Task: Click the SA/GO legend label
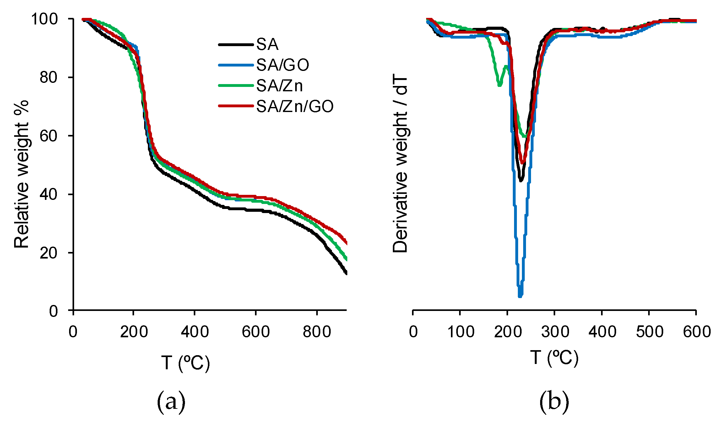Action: [283, 65]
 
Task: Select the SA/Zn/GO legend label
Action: [295, 106]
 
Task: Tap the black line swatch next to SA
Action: [236, 45]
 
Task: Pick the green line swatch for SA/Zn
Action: [236, 85]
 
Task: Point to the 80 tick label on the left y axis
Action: [49, 77]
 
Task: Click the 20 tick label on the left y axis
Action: [49, 253]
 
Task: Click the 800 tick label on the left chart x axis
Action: [317, 332]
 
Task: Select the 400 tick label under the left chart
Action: [195, 332]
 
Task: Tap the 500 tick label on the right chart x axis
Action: [649, 332]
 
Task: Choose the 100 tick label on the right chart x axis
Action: [460, 332]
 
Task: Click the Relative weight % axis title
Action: [21, 174]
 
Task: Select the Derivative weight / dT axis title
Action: [400, 165]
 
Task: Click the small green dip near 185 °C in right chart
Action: [500, 85]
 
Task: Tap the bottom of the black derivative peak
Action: [521, 180]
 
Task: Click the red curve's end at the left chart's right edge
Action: [346, 243]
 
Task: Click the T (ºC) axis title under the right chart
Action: [554, 358]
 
